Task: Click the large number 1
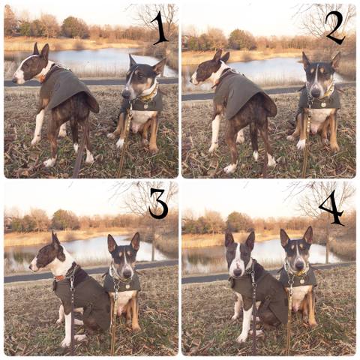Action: point(160,28)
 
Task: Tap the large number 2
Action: point(335,28)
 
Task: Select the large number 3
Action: point(158,203)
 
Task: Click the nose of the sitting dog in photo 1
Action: point(126,94)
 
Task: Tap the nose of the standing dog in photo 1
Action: point(14,80)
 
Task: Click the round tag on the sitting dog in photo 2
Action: point(323,105)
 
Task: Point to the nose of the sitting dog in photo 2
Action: point(316,92)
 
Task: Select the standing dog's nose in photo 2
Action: point(192,80)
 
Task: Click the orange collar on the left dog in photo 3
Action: point(60,278)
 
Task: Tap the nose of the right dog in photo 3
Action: point(127,274)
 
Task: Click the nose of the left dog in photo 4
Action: point(236,271)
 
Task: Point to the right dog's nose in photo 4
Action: point(298,266)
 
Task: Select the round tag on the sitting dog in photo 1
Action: point(145,106)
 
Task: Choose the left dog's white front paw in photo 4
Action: point(241,338)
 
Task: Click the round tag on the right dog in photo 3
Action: point(127,286)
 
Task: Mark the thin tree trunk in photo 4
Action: point(327,240)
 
